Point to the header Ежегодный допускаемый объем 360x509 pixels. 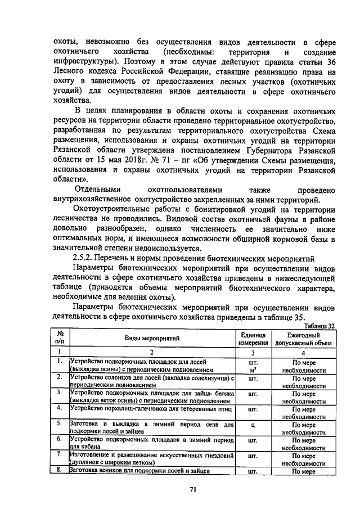[x=304, y=339]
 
